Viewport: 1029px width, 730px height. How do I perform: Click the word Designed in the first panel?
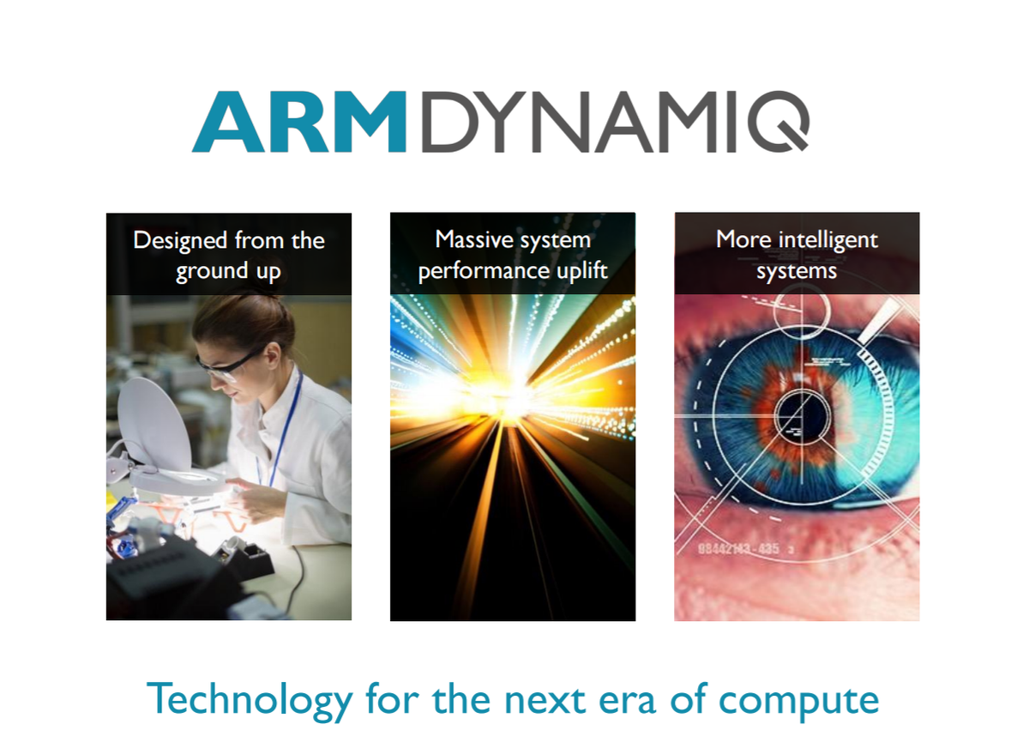click(179, 240)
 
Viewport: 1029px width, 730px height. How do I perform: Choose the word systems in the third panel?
click(797, 271)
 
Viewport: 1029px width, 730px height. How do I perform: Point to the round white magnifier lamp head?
click(154, 420)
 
